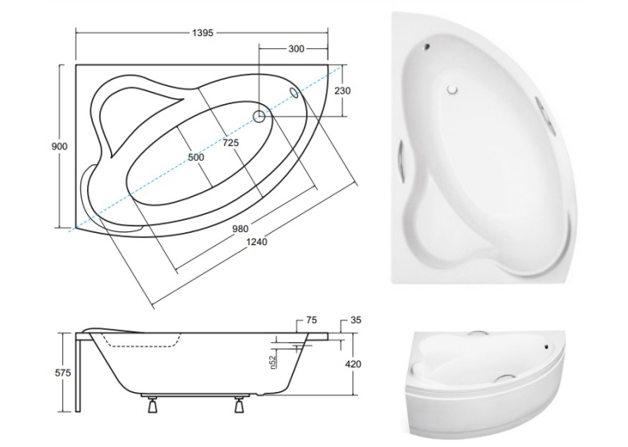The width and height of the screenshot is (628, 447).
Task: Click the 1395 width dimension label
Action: (203, 33)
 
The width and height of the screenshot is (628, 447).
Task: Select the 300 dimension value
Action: (296, 49)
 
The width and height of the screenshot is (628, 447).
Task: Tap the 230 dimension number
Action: (342, 91)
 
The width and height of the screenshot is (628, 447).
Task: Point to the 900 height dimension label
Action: (59, 147)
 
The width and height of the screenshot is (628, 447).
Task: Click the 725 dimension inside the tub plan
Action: (231, 142)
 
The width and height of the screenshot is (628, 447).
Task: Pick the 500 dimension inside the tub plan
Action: (196, 157)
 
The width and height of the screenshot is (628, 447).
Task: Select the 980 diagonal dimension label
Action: (241, 229)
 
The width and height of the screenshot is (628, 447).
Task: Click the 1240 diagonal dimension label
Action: (257, 242)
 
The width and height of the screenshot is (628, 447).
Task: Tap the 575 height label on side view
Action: (63, 373)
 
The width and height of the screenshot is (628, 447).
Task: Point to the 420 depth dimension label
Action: (353, 364)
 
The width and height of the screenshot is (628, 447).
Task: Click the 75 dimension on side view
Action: (311, 320)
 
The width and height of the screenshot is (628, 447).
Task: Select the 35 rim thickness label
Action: (355, 320)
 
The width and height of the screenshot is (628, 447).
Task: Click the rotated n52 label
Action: (273, 362)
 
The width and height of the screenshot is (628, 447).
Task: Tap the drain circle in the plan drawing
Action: (259, 116)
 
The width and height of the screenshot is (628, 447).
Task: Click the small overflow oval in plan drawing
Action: (295, 93)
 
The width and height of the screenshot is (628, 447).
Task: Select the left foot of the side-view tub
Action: (152, 404)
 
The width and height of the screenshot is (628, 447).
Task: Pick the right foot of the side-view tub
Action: (239, 404)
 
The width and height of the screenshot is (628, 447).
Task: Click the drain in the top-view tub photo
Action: (452, 89)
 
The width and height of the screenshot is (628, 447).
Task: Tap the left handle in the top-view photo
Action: (401, 158)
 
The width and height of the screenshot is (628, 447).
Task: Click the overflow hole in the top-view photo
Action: (427, 47)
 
